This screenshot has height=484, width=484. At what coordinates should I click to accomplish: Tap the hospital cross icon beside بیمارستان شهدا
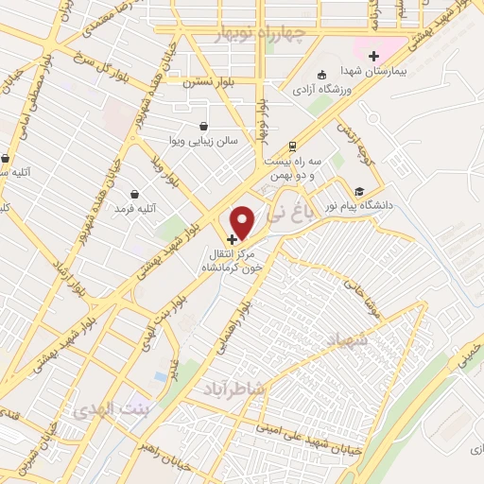pyautogui.click(x=374, y=57)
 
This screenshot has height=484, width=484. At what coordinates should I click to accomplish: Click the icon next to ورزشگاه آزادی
pyautogui.click(x=323, y=75)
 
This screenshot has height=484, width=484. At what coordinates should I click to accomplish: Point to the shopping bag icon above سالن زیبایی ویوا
pyautogui.click(x=203, y=126)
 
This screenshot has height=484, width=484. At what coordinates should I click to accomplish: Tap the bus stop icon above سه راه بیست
pyautogui.click(x=293, y=147)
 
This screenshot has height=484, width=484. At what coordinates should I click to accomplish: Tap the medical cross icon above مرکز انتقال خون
pyautogui.click(x=233, y=239)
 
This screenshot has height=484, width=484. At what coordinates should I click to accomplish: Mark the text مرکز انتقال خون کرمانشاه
pyautogui.click(x=233, y=262)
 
